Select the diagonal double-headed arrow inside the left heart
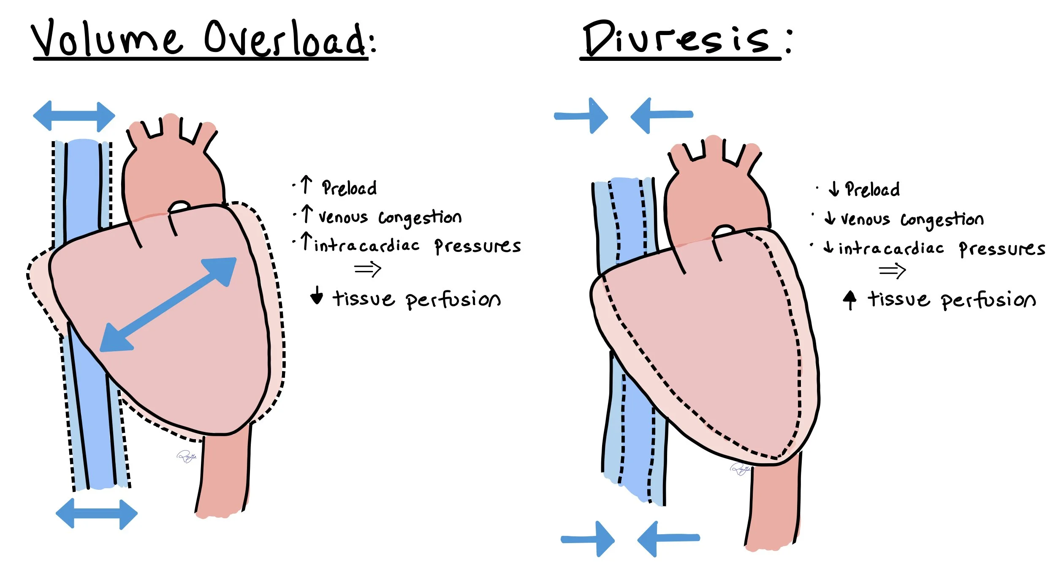168,304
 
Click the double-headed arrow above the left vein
74,116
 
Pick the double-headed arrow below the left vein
96,514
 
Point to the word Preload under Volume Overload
349,188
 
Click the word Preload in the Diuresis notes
872,189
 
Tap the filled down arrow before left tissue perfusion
316,295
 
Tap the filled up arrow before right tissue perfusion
849,300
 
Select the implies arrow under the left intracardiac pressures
368,269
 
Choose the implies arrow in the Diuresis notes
892,270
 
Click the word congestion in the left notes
420,218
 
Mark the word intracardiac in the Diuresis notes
891,249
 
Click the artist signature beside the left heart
187,456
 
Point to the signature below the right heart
740,469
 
